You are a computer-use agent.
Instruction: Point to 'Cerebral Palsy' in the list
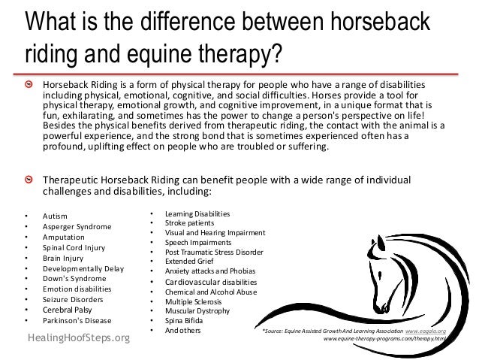(x=68, y=310)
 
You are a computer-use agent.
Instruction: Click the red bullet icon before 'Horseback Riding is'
(x=29, y=86)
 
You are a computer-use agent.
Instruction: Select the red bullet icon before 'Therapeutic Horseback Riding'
(x=29, y=181)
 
